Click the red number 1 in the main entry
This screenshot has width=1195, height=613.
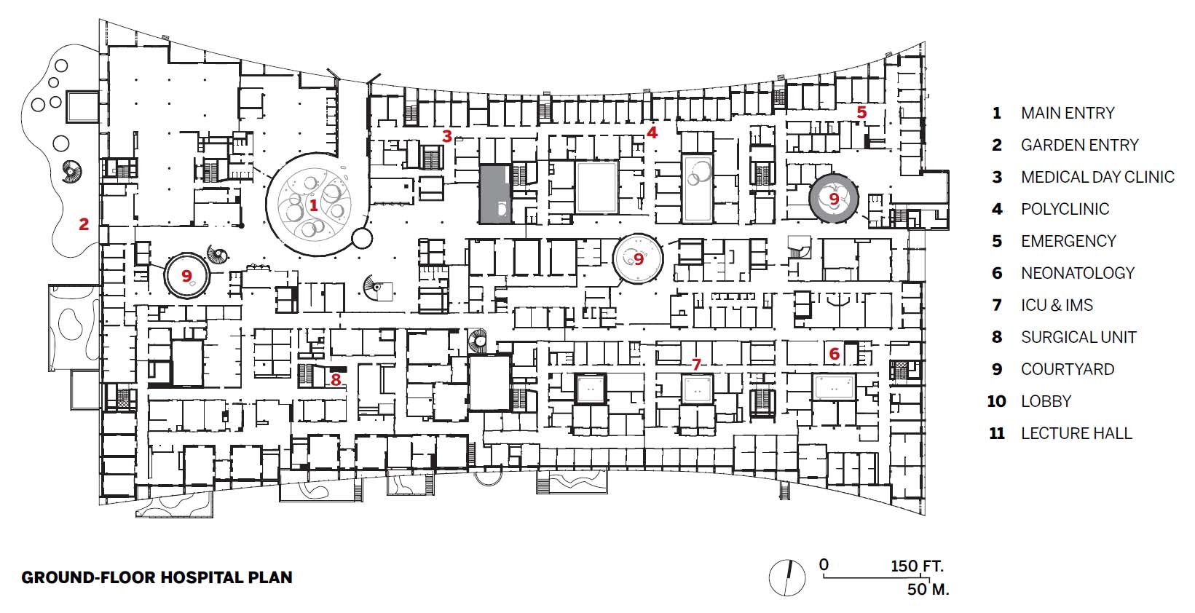[314, 205]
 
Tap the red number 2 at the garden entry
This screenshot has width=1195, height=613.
[84, 224]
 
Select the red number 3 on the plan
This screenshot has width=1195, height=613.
[447, 136]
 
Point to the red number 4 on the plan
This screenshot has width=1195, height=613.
[652, 133]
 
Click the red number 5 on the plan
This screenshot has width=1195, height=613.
[861, 112]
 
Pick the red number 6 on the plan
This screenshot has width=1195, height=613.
[834, 355]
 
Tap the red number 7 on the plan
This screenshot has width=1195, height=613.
[696, 364]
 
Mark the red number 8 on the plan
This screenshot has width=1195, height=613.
[336, 379]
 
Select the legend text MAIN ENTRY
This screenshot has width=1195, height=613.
[1068, 113]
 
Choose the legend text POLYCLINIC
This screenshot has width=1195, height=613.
[1065, 209]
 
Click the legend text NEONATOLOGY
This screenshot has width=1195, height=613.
[1078, 273]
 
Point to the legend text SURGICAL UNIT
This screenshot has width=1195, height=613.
[1078, 337]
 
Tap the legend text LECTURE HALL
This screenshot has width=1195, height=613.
[1076, 433]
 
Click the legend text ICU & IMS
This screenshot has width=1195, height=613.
[1057, 305]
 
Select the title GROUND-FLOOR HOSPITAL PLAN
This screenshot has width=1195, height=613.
[157, 577]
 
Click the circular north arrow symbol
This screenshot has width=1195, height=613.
[787, 578]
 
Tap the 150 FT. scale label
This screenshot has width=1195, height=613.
[917, 566]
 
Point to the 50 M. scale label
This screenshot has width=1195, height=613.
[928, 589]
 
